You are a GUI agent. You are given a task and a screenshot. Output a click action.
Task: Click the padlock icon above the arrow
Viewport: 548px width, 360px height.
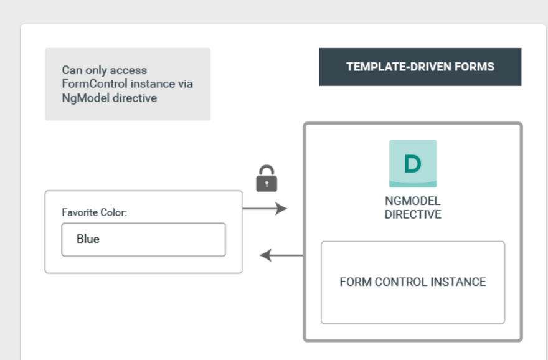(267, 178)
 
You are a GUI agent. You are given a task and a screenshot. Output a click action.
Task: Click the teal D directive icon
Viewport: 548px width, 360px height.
(413, 164)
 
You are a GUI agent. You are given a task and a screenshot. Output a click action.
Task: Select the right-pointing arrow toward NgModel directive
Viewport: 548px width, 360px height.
(265, 209)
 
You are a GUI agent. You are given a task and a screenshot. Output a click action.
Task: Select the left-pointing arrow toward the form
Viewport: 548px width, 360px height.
(281, 255)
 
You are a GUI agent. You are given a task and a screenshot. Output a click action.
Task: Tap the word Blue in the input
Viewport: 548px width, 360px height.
(88, 239)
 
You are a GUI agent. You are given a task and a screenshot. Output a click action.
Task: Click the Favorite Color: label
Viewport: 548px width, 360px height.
(95, 212)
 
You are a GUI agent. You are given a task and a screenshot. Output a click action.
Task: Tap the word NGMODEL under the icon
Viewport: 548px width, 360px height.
(413, 201)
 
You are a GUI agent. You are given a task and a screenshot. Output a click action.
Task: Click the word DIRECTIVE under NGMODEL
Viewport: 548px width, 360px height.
(413, 214)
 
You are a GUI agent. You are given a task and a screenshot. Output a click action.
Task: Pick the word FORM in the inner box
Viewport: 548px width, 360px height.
(356, 282)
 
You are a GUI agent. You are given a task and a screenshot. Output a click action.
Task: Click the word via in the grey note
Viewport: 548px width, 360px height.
(184, 84)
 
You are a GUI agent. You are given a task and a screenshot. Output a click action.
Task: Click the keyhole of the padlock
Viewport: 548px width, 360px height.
(267, 184)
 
